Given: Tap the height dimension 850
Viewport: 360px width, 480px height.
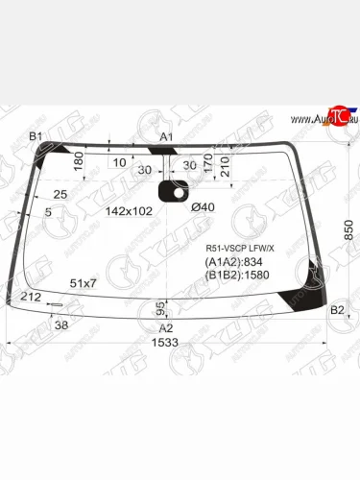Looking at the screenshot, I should coord(335,230).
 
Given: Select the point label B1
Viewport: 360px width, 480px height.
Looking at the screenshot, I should coord(35,137).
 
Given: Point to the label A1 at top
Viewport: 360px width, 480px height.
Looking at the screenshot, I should coord(166,137).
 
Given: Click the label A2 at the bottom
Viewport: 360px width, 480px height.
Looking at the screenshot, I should coord(165,327).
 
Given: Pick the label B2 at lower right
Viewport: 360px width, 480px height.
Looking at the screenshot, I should coord(336,309).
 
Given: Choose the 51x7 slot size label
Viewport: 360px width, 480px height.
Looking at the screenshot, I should coord(84,283).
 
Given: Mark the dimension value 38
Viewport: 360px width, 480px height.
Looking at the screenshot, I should coord(61,325).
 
